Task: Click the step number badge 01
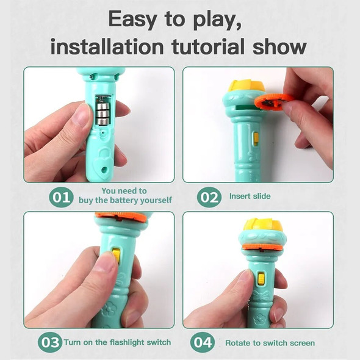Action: pyautogui.click(x=61, y=197)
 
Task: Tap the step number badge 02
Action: pyautogui.click(x=208, y=197)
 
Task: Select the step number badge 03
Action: pyautogui.click(x=49, y=342)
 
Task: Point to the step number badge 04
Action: pyautogui.click(x=202, y=342)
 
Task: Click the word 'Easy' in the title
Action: pyautogui.click(x=135, y=20)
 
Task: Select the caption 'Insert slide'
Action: pyautogui.click(x=250, y=196)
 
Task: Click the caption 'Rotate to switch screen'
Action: pyautogui.click(x=270, y=343)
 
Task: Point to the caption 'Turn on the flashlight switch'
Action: pyautogui.click(x=117, y=342)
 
